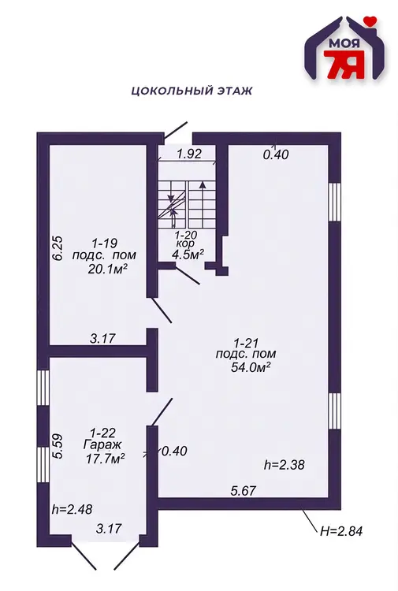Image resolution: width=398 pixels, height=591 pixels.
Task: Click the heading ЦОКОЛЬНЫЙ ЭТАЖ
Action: [192, 91]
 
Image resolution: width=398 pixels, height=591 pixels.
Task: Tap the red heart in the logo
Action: [371, 21]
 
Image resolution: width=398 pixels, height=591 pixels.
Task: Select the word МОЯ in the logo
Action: [344, 43]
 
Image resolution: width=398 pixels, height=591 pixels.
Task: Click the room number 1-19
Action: [104, 243]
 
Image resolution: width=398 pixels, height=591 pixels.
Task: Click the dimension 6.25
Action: [59, 248]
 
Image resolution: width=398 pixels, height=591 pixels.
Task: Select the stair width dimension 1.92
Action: [189, 154]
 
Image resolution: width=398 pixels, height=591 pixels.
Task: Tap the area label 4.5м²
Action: [188, 255]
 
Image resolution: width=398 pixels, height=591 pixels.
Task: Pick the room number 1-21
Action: [246, 343]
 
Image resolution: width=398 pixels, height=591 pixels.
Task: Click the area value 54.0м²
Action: [251, 366]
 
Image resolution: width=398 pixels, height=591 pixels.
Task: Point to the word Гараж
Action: [103, 444]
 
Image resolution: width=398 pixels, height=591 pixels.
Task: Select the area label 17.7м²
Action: [105, 459]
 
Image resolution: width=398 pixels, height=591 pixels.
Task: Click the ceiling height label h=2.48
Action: [72, 509]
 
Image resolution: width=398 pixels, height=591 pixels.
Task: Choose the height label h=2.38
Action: [285, 465]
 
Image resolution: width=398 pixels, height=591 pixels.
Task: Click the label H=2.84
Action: [341, 531]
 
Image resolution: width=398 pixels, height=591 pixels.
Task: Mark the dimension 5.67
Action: [243, 490]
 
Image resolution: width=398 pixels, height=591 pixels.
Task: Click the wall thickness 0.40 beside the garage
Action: [174, 451]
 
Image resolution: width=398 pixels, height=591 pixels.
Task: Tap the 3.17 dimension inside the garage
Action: [109, 528]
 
